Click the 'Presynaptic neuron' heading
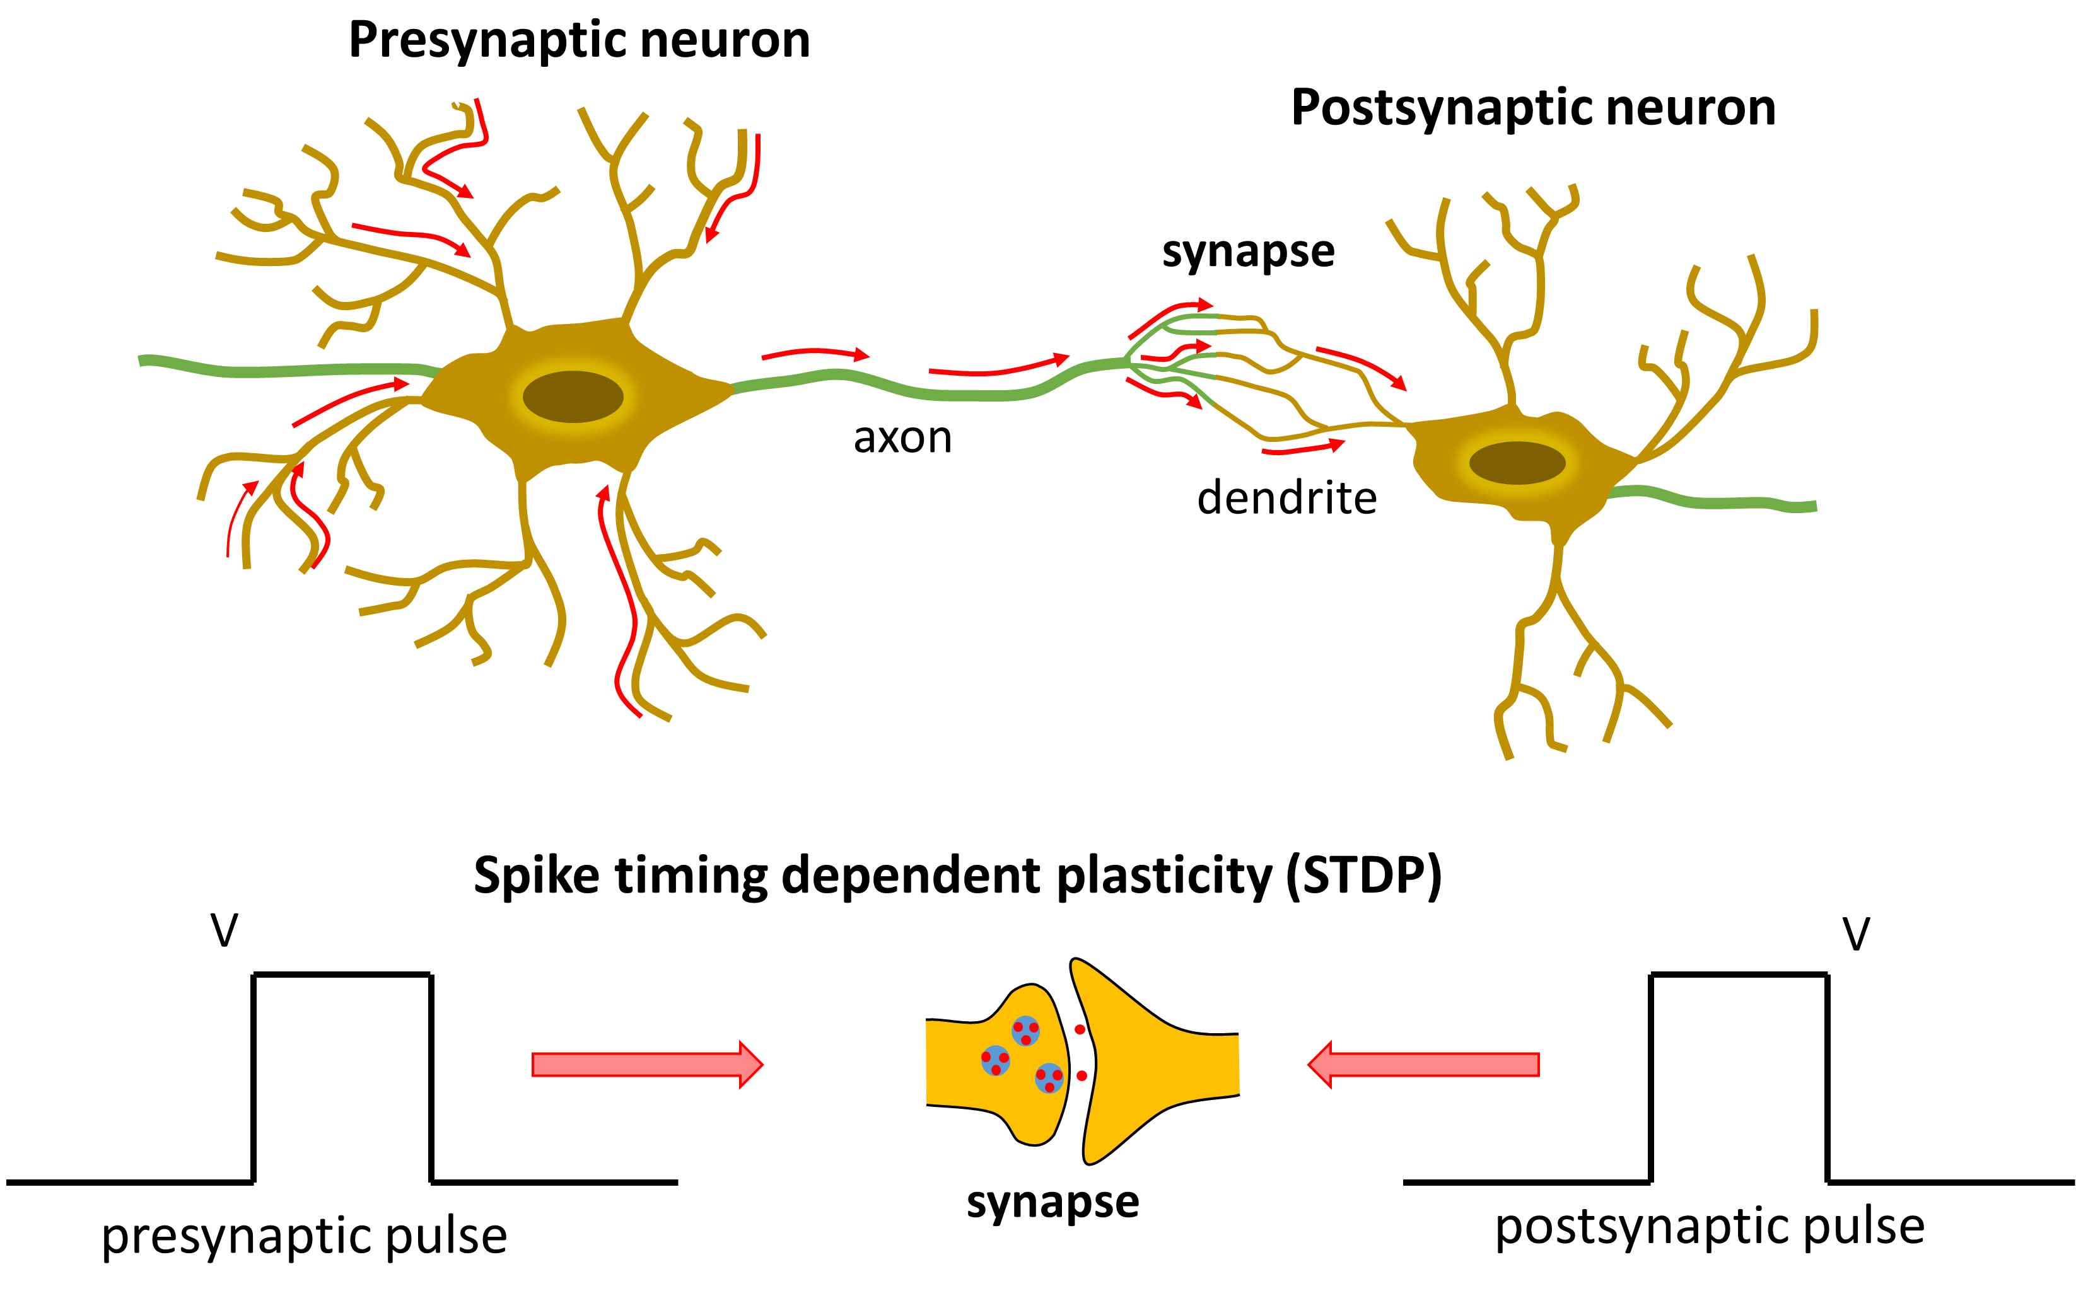pyautogui.click(x=579, y=40)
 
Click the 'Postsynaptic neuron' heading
pyautogui.click(x=1533, y=108)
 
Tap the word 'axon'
pyautogui.click(x=902, y=438)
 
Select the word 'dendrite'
pyautogui.click(x=1286, y=498)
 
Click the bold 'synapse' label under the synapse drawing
pyautogui.click(x=1052, y=1202)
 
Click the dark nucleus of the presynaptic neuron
pyautogui.click(x=573, y=397)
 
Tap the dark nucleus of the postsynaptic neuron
pyautogui.click(x=1517, y=463)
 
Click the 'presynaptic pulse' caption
pyautogui.click(x=304, y=1236)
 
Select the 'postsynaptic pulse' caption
pyautogui.click(x=1710, y=1227)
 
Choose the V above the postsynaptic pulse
pyautogui.click(x=1857, y=934)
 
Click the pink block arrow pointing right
pyautogui.click(x=646, y=1065)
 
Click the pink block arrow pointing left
pyautogui.click(x=1423, y=1065)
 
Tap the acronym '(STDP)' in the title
pyautogui.click(x=1364, y=876)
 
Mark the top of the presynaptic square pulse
pyautogui.click(x=342, y=974)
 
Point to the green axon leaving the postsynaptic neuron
pyautogui.click(x=1717, y=501)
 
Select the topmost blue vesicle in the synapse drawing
pyautogui.click(x=1025, y=1031)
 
